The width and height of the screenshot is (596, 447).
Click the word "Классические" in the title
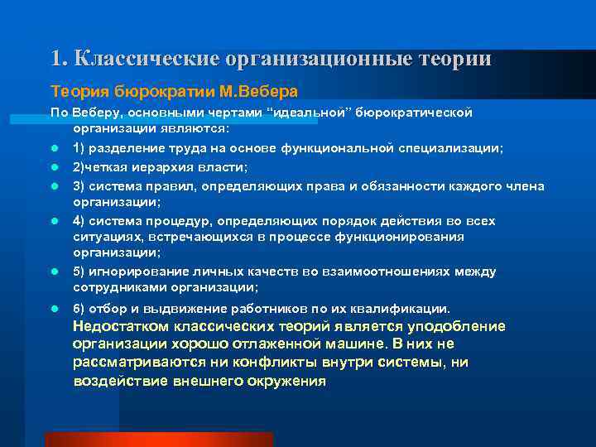click(147, 59)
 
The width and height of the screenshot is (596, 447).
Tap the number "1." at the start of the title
click(59, 59)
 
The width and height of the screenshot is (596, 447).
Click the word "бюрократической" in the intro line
click(414, 113)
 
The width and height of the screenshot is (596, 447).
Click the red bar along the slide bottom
click(157, 439)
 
